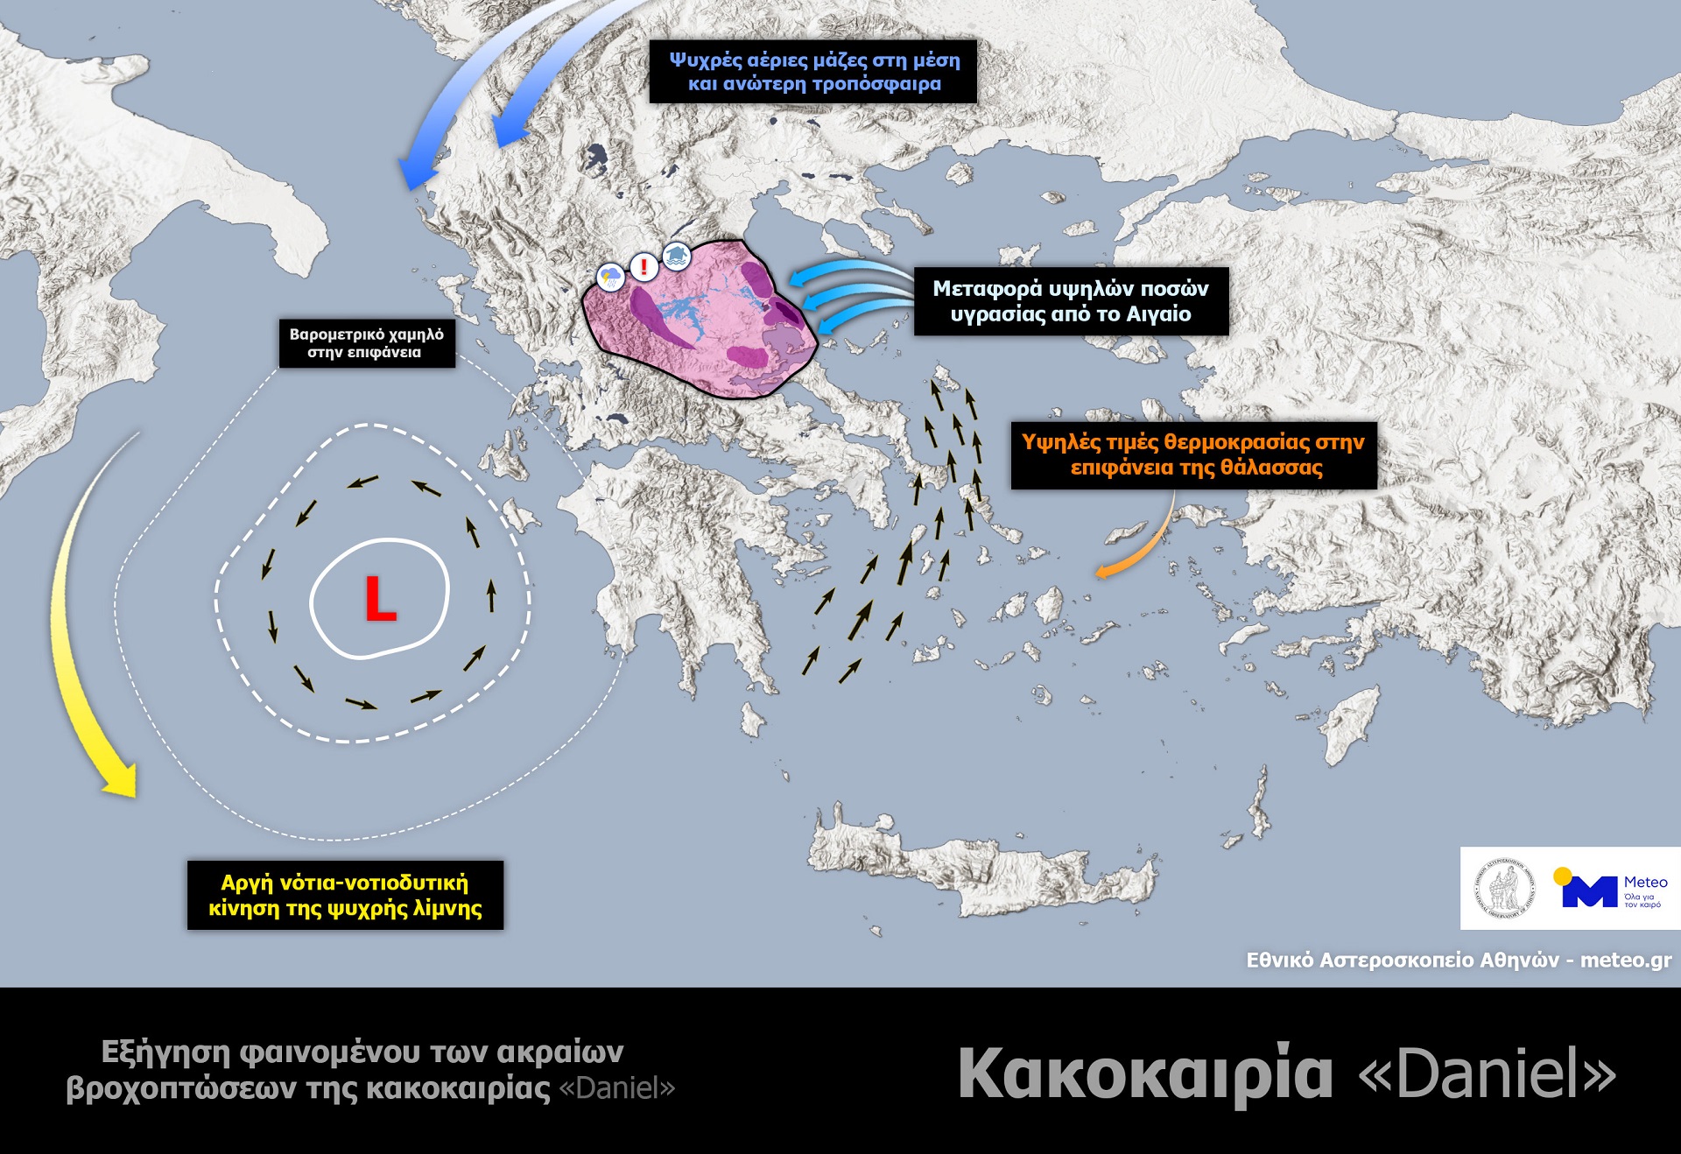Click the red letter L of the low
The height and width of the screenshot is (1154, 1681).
pos(379,600)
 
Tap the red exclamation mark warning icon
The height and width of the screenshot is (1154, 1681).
pos(644,266)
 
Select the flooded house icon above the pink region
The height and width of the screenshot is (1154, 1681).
pos(676,256)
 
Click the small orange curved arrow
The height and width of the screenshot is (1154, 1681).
pos(1138,547)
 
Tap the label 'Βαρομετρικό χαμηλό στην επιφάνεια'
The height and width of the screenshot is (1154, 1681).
pos(367,343)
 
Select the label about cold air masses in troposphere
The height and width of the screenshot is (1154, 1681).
pos(812,72)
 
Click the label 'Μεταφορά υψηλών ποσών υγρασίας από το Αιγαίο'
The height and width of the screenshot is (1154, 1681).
pos(1070,301)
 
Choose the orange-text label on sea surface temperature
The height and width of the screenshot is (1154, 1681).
pos(1193,454)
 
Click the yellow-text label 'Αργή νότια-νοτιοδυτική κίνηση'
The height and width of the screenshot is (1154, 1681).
pos(345,895)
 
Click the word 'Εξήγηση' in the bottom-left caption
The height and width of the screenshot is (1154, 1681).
pos(161,1052)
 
